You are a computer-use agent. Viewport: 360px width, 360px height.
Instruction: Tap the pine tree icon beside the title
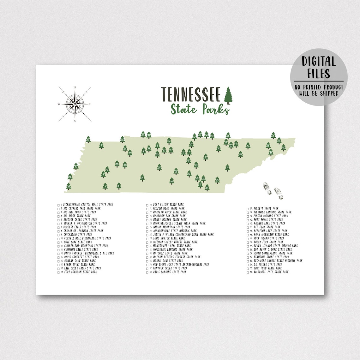coord(228,95)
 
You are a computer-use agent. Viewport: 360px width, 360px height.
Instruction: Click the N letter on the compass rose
coord(75,87)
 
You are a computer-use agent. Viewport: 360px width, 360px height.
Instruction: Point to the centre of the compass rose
coord(75,103)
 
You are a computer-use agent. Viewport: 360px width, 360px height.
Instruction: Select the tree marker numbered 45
coord(88,139)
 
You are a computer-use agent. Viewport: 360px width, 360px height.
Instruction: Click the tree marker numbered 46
coord(283,147)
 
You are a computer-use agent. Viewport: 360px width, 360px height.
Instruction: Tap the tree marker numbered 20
coord(76,166)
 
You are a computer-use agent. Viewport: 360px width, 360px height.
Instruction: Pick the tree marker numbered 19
coord(227,168)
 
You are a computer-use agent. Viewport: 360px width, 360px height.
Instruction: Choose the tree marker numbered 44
coord(217,180)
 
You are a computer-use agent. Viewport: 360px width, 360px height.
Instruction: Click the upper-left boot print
coord(267,188)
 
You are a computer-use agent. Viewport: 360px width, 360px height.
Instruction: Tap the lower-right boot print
coord(279,193)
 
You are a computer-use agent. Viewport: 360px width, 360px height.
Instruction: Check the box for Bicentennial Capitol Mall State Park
coord(58,205)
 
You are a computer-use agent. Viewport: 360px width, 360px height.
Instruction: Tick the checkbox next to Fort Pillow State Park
coord(147,205)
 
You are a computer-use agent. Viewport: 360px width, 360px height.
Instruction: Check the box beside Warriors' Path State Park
coord(248,272)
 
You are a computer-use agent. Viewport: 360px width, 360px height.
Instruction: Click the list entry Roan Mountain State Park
coord(271,235)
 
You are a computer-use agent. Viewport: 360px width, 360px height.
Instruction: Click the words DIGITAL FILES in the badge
coord(319,67)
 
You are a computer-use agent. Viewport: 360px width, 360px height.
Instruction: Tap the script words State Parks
coord(200,109)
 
